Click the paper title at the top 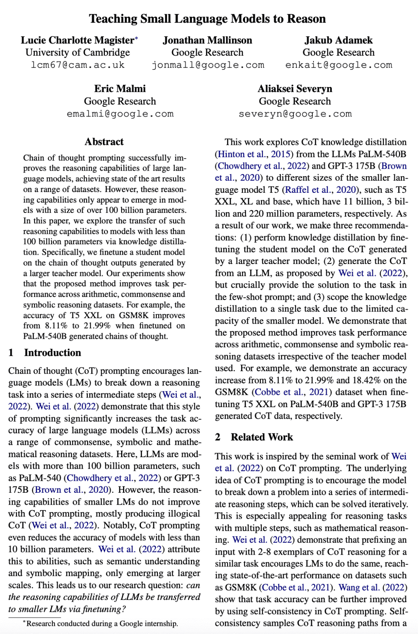point(207,19)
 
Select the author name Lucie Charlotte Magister point(77,40)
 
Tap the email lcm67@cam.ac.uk point(77,65)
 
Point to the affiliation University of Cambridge point(77,53)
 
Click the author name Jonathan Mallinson point(207,40)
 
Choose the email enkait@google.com point(339,65)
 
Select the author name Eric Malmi point(120,89)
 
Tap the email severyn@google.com point(295,114)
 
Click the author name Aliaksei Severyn point(295,89)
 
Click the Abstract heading point(104,142)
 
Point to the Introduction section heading point(52,353)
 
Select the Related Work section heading point(262,437)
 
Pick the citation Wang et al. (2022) point(372,588)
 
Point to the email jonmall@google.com point(208,65)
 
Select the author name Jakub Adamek point(339,40)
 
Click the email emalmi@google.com point(120,114)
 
